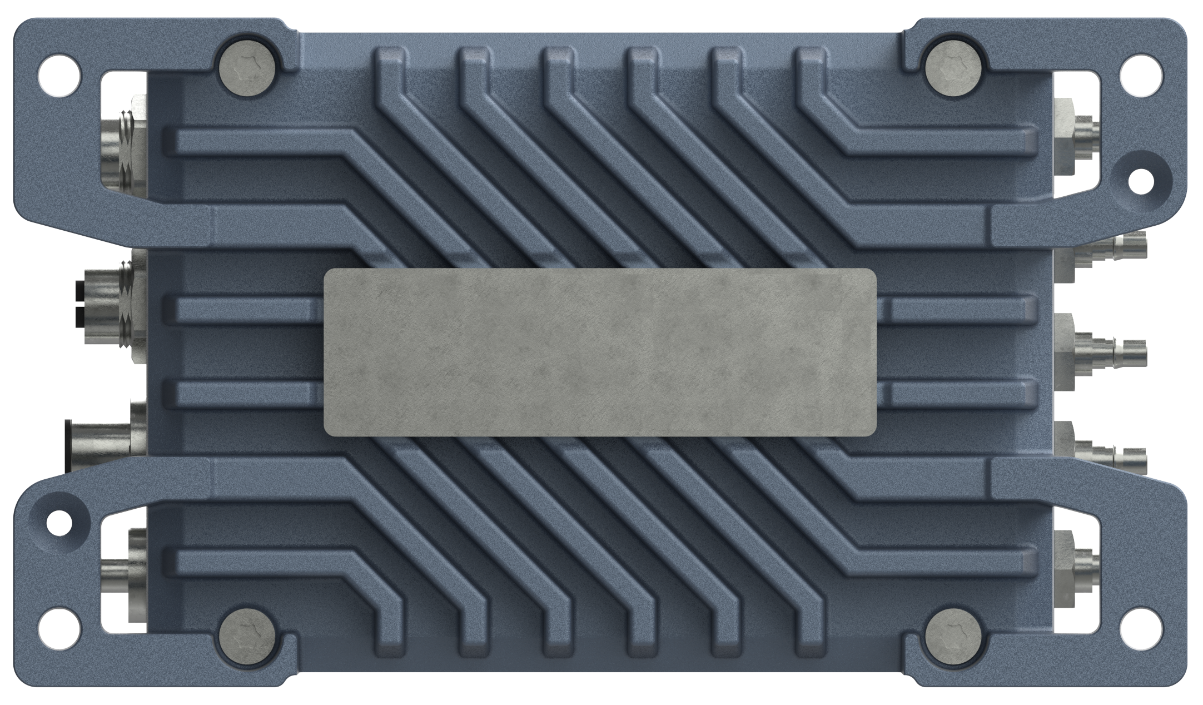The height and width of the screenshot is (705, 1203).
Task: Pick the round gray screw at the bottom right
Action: point(954,639)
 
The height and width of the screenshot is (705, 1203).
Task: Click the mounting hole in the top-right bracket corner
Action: point(1143,74)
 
